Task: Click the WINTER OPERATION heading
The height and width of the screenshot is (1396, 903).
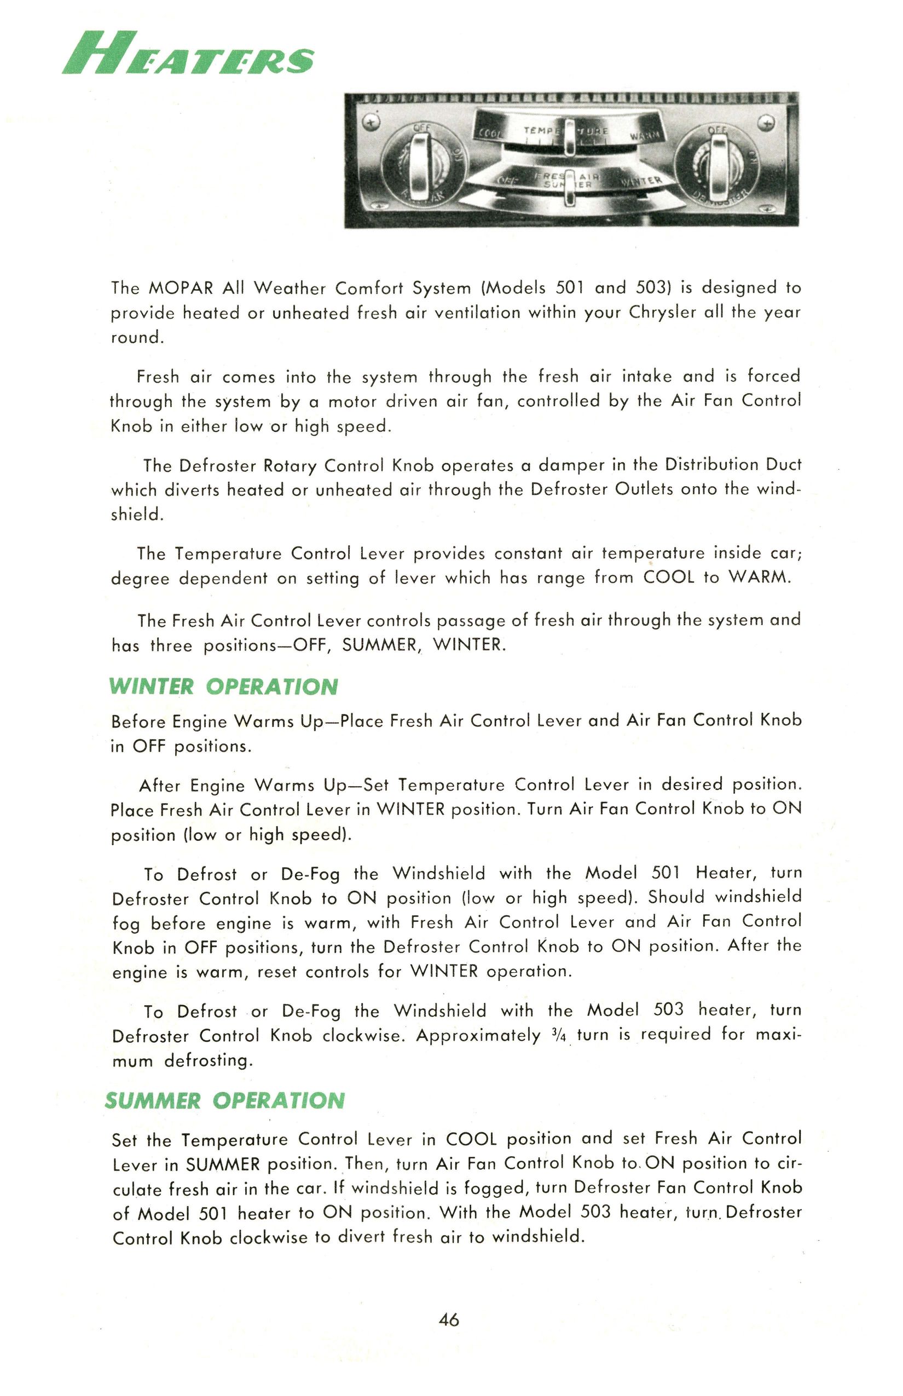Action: click(223, 687)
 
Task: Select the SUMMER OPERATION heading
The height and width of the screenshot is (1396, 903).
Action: click(224, 1101)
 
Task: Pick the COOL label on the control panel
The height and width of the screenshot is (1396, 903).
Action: click(488, 133)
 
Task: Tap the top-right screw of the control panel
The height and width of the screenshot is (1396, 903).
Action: click(767, 122)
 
